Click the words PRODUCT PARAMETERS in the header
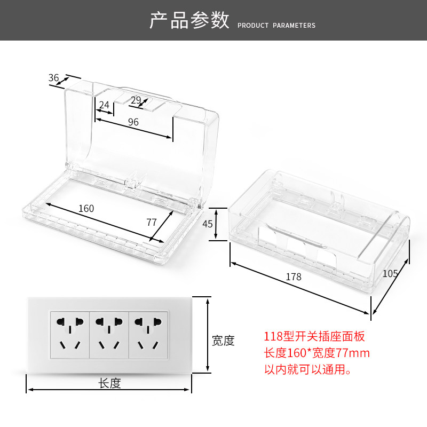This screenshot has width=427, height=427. coord(276,26)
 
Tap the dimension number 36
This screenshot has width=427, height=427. coord(54,78)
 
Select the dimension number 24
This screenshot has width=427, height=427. coord(104,105)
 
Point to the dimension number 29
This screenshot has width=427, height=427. coord(136,100)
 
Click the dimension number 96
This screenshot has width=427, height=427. coord(133,122)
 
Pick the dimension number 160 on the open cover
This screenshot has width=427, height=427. coord(86,208)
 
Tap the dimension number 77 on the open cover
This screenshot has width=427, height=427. coord(152,222)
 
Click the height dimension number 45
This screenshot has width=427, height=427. coord(208,224)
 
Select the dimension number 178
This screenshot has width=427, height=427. coord(294,277)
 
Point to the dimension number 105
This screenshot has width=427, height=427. coord(390,274)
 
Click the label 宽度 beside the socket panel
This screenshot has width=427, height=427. coord(223,341)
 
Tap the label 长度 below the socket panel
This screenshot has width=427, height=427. coord(109,383)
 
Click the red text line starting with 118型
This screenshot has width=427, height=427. coord(314,337)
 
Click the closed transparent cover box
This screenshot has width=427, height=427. coord(320,230)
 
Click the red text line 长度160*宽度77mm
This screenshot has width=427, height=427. coord(317,353)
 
